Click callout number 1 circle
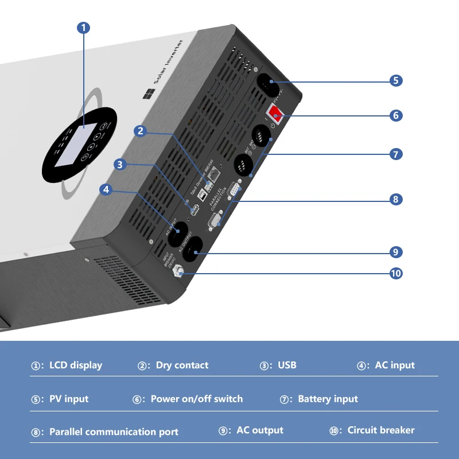coord(84,28)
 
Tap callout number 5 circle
coord(396,80)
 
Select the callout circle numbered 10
coord(396,273)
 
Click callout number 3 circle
coord(119,165)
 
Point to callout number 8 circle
coord(396,200)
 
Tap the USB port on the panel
coord(193,210)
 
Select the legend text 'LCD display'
coord(76,365)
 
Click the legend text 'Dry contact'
coord(182,365)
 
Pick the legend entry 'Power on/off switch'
coord(196,399)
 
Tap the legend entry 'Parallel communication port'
coord(114,432)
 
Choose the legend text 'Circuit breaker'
coord(380,430)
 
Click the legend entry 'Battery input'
coord(328,399)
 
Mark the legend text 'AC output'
coord(259,430)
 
